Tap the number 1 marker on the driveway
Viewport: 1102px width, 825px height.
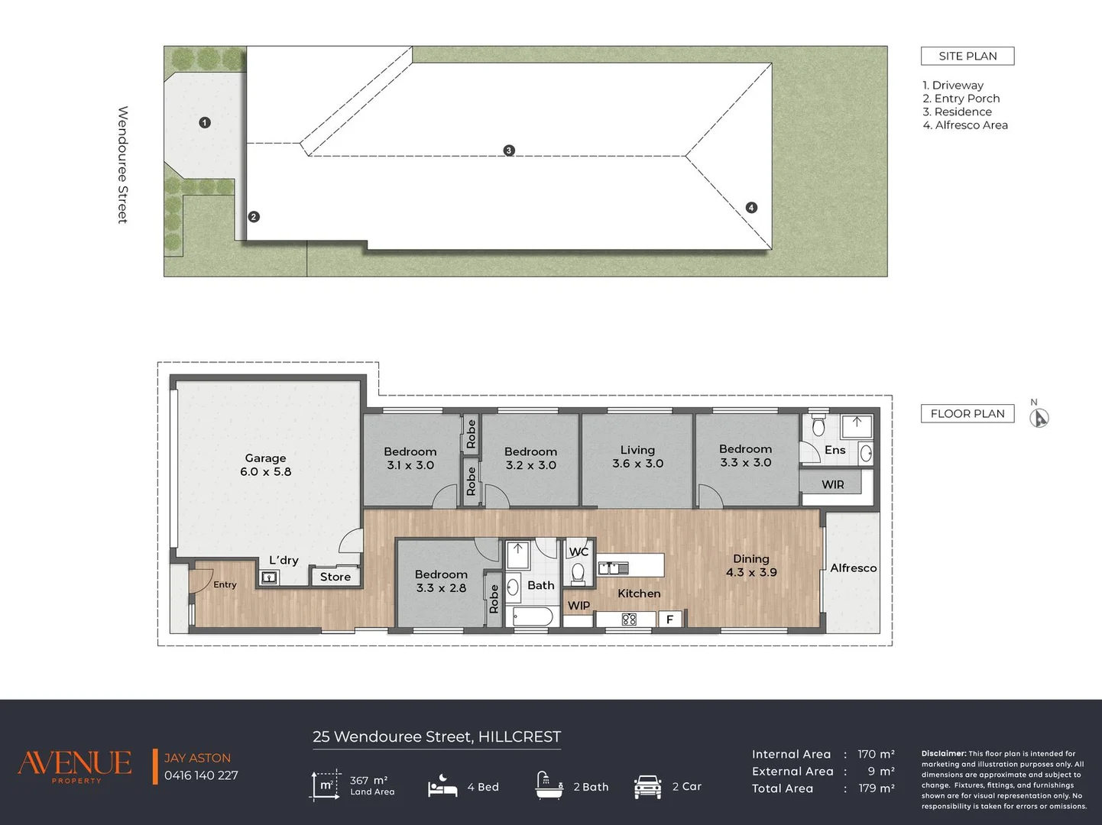(x=204, y=122)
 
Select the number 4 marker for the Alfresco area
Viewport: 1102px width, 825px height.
(x=751, y=207)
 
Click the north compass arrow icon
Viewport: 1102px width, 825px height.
(x=1039, y=418)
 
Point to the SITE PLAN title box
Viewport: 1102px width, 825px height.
(x=967, y=57)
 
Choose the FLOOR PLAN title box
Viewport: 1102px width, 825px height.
(x=967, y=413)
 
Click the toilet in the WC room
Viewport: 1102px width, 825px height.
(x=578, y=574)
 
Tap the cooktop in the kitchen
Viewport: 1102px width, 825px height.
(x=629, y=620)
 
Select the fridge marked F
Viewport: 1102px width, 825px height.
(x=669, y=620)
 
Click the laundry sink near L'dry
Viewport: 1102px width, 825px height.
(x=269, y=577)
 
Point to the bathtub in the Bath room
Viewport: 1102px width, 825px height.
(x=533, y=616)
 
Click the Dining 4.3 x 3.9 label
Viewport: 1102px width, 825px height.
(x=751, y=565)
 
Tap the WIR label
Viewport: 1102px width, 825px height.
(x=833, y=485)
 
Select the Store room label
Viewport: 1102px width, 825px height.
(x=335, y=577)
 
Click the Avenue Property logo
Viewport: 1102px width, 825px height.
(x=76, y=765)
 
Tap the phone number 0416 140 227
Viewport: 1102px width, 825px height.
(x=201, y=775)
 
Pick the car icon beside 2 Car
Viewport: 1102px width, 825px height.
(x=647, y=786)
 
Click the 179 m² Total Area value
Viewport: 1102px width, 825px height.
(x=876, y=788)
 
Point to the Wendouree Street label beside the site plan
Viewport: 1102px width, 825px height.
(x=123, y=164)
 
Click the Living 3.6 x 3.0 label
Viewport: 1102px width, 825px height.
(x=637, y=457)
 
